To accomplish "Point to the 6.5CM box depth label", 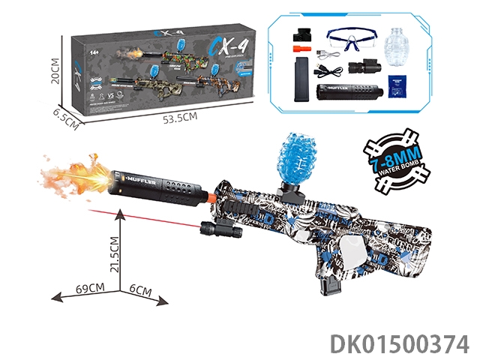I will (65, 119).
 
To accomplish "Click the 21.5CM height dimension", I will (115, 259).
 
